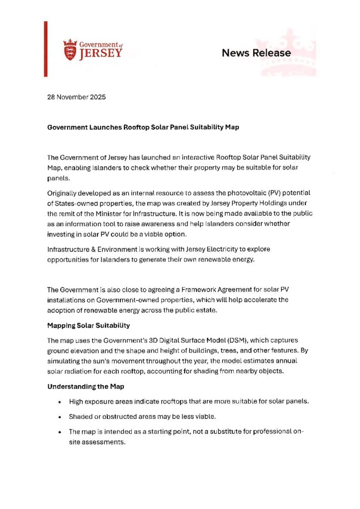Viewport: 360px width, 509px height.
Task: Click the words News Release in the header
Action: (256, 53)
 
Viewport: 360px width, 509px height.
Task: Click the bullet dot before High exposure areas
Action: (60, 401)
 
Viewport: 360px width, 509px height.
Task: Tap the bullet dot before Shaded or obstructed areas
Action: (60, 416)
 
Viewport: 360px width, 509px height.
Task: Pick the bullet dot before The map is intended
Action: (60, 431)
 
